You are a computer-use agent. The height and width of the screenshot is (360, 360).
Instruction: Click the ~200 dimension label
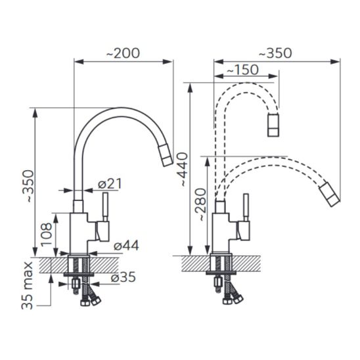point(123,53)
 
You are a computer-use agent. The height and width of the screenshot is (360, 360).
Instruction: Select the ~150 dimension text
point(242,70)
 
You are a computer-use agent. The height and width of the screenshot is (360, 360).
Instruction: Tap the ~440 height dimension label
point(183,169)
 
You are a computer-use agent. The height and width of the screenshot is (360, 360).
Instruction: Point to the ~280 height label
point(199,204)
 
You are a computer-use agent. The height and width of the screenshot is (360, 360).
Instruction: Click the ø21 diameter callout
point(110,184)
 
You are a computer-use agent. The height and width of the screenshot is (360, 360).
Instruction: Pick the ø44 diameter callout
point(126,246)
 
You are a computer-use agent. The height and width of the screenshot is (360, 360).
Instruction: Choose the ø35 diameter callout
point(123,277)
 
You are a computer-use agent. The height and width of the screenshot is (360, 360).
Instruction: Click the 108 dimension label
point(47,235)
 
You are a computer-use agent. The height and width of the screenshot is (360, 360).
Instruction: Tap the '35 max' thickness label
point(28,285)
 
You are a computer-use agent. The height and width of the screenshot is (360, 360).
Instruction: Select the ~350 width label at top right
point(275,53)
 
